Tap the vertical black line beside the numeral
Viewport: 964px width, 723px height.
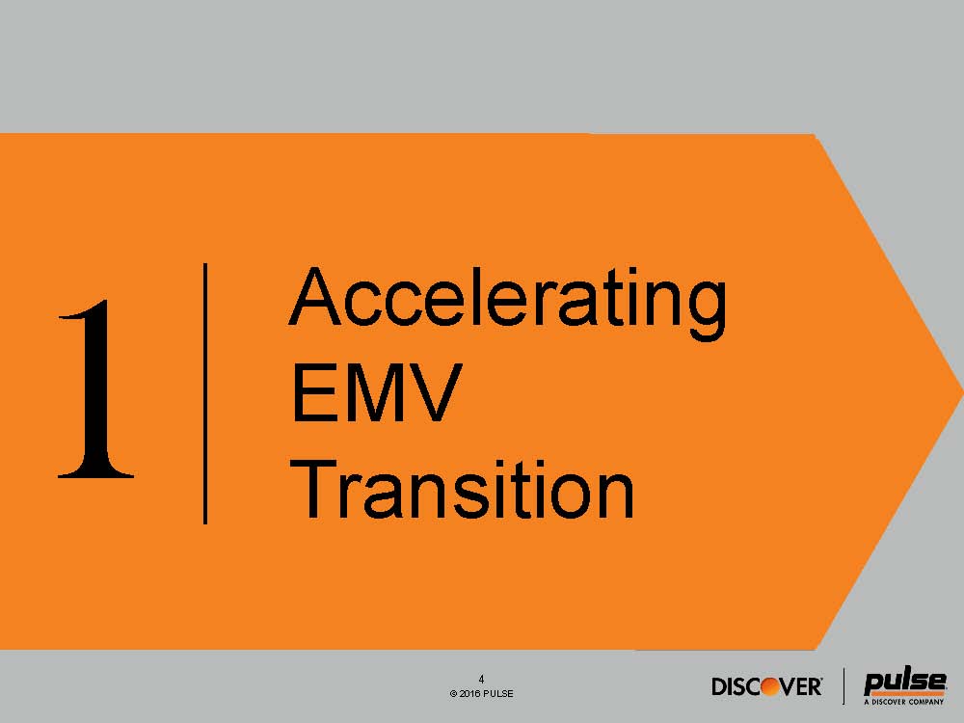[x=205, y=393]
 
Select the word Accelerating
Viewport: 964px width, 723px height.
[x=508, y=303]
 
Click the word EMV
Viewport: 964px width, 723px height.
[x=376, y=392]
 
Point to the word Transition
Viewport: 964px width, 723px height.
[x=462, y=490]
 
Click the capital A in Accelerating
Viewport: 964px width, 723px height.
[x=314, y=296]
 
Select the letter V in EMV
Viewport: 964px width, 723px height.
[x=436, y=392]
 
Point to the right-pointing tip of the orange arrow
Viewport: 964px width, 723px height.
[x=962, y=391]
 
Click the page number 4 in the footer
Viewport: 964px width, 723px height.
[x=481, y=680]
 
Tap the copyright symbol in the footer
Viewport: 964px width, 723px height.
[x=453, y=693]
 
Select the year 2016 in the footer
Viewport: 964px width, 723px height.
[x=469, y=693]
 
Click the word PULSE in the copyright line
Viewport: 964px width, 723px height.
[x=498, y=693]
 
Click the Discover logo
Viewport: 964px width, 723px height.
[x=766, y=686]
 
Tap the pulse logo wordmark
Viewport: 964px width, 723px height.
[x=904, y=683]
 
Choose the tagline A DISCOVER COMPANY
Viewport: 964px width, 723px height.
[x=904, y=702]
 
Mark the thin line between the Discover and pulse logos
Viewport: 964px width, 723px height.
[x=844, y=686]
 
